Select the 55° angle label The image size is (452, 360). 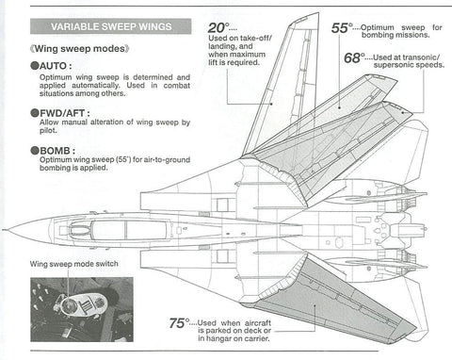(343, 28)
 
